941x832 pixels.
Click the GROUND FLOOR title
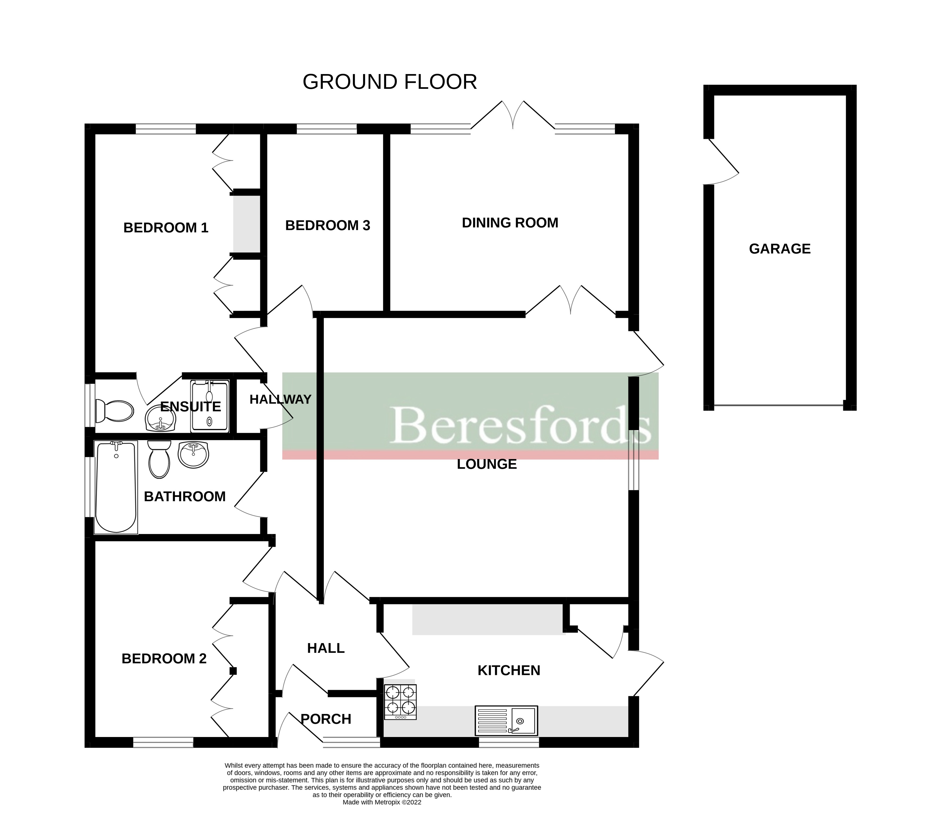point(390,82)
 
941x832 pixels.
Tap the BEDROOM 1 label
point(166,228)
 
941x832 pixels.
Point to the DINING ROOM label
point(510,223)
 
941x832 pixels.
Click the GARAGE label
point(779,249)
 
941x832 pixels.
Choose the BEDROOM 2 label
point(164,658)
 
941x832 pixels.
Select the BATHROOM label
point(185,496)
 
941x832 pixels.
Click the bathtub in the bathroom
point(116,487)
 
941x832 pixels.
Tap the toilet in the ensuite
point(114,411)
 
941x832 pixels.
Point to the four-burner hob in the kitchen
point(400,702)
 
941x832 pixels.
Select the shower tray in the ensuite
point(210,406)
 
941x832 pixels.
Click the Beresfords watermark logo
point(520,424)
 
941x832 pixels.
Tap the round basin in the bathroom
point(193,455)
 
